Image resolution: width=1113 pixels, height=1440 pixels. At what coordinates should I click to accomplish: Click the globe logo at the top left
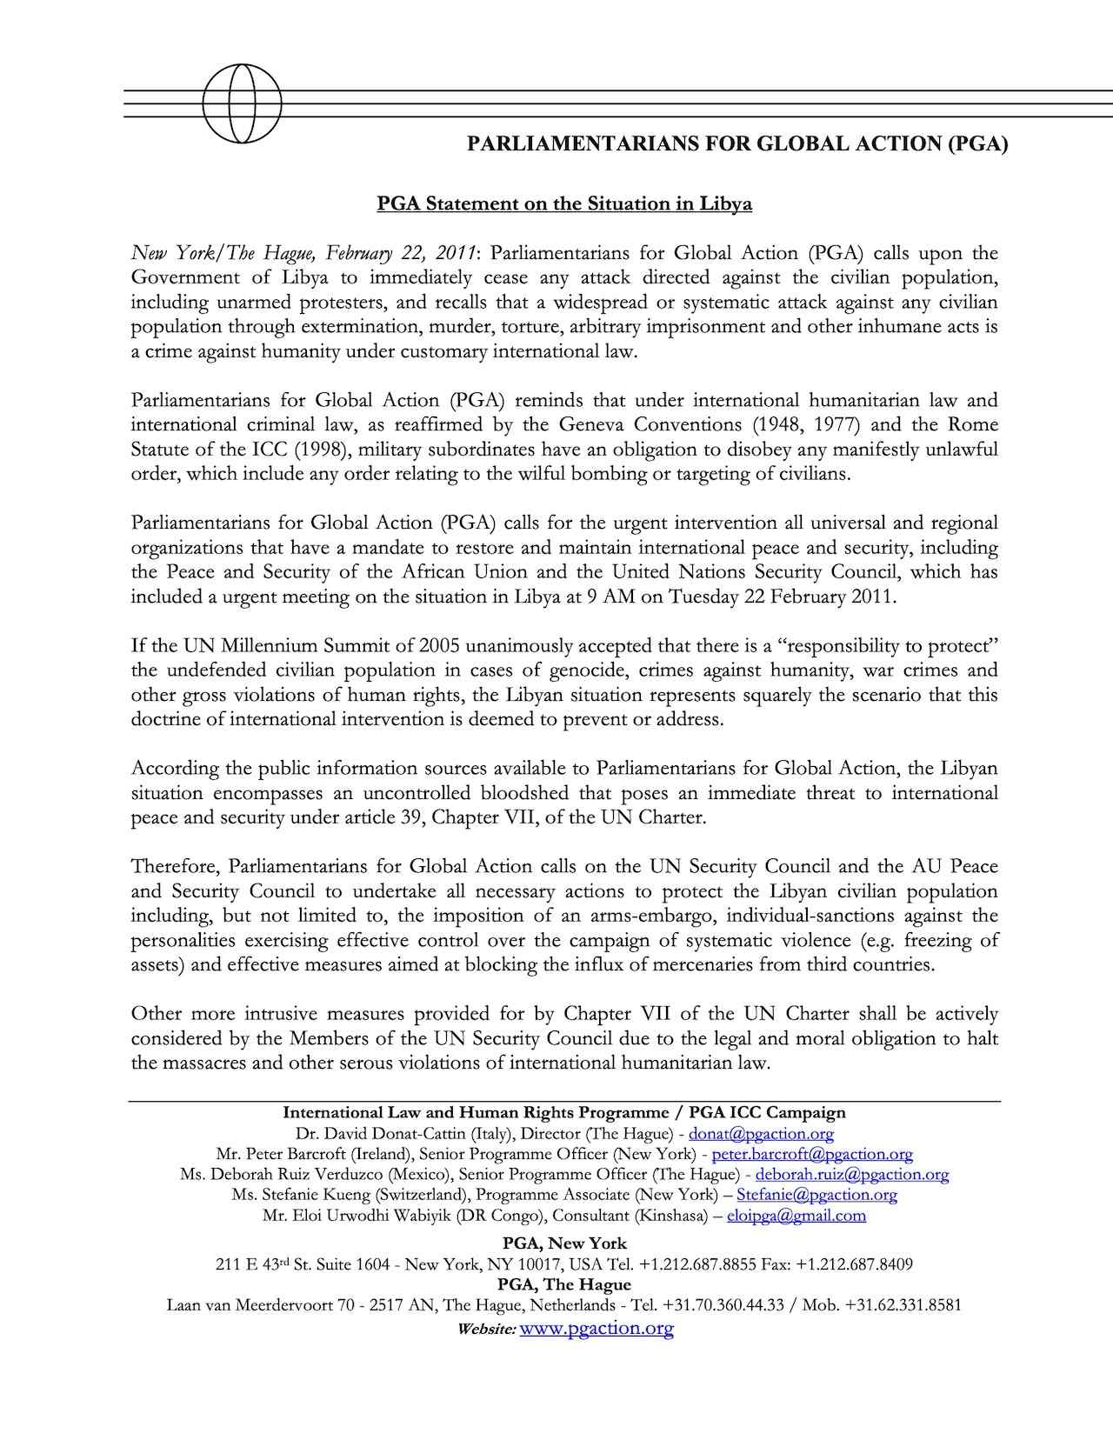[x=242, y=103]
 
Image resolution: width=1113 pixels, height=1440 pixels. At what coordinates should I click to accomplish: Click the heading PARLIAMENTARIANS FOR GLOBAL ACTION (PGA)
[x=737, y=144]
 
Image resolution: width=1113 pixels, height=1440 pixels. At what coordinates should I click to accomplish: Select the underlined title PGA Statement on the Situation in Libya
[x=563, y=204]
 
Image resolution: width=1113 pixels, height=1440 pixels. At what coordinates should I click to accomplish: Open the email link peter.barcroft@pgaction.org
[x=812, y=1155]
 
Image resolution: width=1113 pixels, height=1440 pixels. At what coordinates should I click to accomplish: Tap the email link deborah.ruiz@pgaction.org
[x=851, y=1175]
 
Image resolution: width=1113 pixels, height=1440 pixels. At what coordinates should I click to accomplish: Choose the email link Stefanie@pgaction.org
[x=816, y=1195]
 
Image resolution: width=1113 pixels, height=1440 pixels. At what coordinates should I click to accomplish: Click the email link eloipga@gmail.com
[x=796, y=1216]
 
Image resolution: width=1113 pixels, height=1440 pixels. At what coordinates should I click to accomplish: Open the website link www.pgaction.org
[x=596, y=1329]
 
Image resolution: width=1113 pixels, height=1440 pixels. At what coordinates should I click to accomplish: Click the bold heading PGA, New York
[x=564, y=1243]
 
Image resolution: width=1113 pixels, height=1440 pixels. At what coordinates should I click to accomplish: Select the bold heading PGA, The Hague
[x=564, y=1284]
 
